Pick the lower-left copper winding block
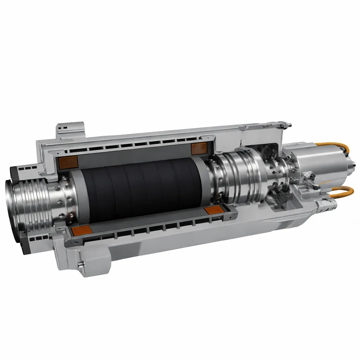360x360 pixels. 81,231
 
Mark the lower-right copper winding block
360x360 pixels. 213,210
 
